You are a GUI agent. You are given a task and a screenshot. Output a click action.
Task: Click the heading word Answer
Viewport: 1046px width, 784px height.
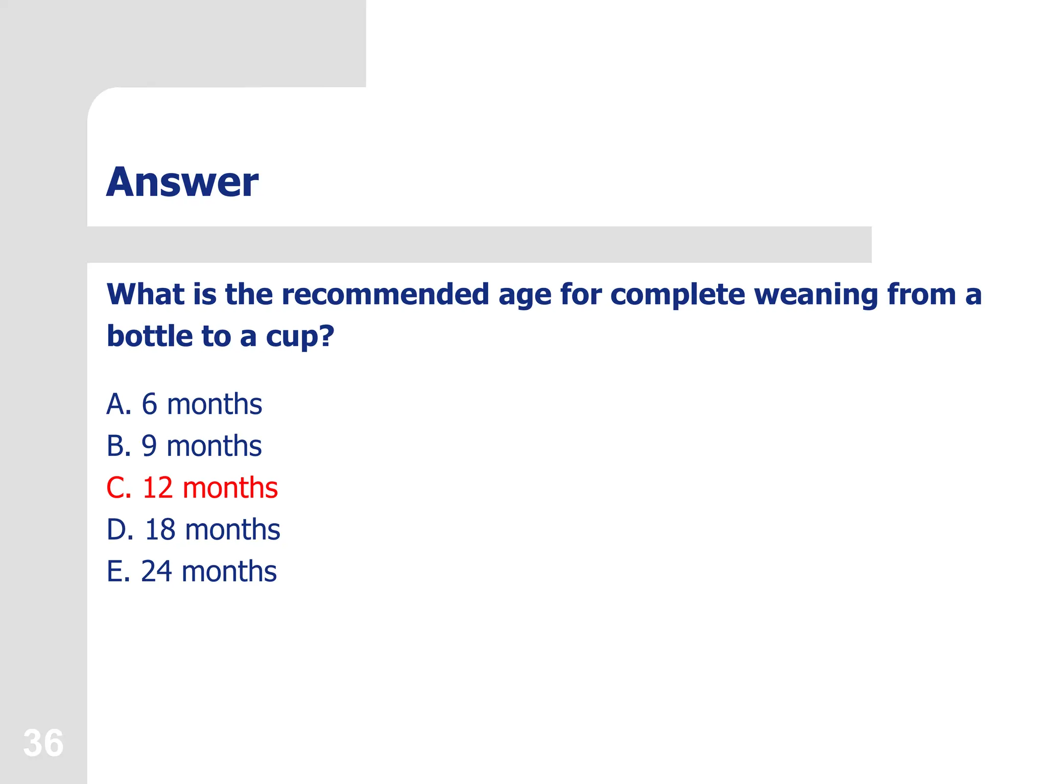[182, 182]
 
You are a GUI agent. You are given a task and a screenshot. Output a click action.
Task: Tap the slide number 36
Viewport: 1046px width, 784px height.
[43, 743]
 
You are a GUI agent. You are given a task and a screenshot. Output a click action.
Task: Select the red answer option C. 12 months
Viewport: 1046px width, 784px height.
[192, 487]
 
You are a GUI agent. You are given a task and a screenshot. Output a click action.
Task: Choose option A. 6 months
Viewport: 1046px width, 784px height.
[184, 404]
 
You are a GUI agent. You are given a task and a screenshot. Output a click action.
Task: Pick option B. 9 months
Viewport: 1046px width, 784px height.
[184, 446]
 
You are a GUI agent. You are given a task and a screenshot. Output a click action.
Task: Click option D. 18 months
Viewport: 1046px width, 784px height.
[193, 529]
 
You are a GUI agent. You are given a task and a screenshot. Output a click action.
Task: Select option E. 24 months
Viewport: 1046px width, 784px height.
[192, 571]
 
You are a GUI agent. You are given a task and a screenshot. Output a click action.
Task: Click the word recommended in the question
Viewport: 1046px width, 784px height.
[385, 295]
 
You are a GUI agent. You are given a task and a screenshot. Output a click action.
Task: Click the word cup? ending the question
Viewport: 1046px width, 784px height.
[300, 337]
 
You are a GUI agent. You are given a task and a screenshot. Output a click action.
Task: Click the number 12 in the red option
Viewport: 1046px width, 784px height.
[157, 487]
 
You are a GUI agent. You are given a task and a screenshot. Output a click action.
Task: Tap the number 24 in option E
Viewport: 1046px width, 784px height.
[156, 571]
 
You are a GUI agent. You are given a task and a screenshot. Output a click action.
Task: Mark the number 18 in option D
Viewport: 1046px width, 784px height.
[160, 529]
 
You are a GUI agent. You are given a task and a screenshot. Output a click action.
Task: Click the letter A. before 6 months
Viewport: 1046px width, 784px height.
[118, 404]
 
